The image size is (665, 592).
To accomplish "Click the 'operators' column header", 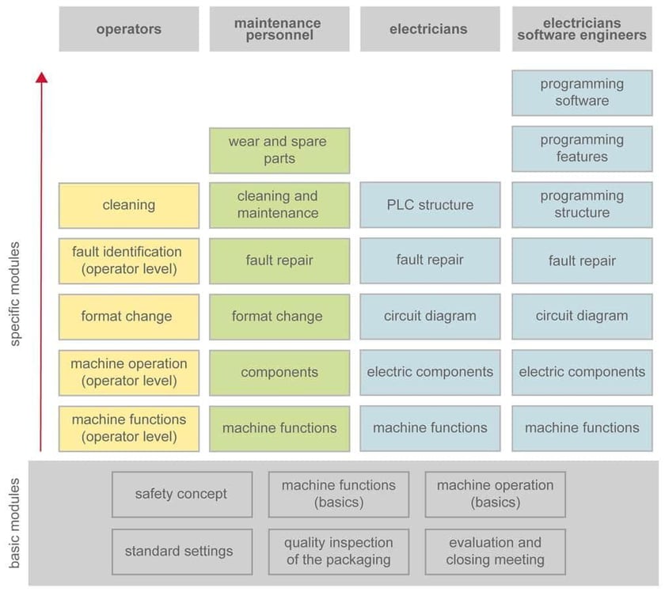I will point(129,29).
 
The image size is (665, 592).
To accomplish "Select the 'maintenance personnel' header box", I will point(279,29).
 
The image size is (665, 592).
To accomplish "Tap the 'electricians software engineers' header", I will point(581,29).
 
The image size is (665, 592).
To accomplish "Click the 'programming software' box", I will point(581,93).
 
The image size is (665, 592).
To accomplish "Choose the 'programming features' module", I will point(581,149).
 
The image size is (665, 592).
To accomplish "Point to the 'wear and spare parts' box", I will point(279,150).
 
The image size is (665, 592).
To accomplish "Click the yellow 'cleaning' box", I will point(129,205).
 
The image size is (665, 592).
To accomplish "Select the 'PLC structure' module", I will point(430,205).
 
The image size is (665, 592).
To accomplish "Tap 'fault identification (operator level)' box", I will point(129,260).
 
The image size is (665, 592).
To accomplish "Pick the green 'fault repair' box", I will point(279,260).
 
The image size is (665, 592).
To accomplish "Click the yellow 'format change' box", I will point(129,317).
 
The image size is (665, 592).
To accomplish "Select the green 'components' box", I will point(279,372).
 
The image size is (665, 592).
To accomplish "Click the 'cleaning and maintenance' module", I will point(279,205).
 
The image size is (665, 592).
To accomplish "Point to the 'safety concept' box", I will point(182,495).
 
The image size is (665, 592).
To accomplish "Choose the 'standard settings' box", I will point(182,551).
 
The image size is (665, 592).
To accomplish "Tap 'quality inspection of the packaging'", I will point(339,551).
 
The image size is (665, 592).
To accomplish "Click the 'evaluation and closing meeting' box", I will point(495,551).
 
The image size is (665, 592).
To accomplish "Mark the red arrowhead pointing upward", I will point(41,77).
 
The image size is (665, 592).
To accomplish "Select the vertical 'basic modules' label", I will point(16,522).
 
